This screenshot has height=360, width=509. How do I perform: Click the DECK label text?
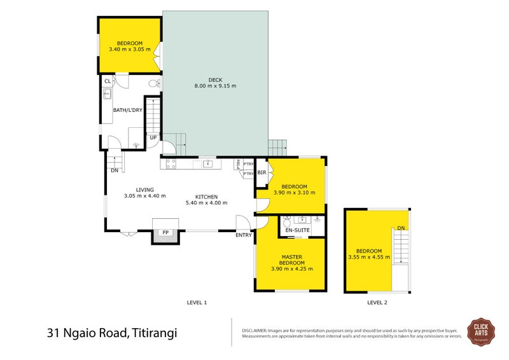[x=216, y=79]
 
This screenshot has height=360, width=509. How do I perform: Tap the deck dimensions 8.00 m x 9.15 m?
[x=216, y=86]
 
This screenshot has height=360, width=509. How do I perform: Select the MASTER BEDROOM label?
[x=290, y=260]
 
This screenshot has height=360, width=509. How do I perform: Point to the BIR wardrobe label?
[x=261, y=172]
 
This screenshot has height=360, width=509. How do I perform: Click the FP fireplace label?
[x=165, y=233]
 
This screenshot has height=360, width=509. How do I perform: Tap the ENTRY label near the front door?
[x=244, y=235]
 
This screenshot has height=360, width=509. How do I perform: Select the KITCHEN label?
[x=206, y=197]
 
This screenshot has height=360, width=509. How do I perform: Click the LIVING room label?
[x=146, y=189]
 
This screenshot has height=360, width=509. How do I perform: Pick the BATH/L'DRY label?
[x=127, y=110]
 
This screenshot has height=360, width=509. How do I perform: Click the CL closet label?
[x=108, y=81]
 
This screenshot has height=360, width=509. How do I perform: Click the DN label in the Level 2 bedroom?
[x=400, y=228]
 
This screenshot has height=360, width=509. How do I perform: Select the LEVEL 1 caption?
[x=197, y=302]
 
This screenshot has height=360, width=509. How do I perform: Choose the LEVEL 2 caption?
[x=377, y=302]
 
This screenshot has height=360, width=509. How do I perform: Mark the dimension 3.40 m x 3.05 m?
[x=129, y=49]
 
